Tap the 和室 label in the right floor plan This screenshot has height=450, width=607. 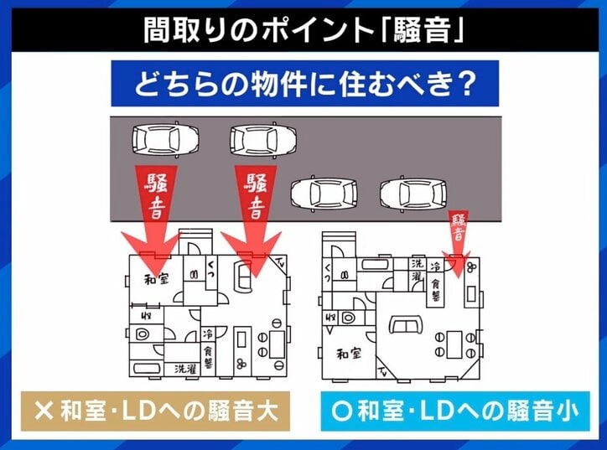350,353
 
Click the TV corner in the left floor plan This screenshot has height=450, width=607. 278,262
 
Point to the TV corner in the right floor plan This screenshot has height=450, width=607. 383,370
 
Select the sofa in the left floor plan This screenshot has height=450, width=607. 240,275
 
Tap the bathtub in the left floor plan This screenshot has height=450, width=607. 148,369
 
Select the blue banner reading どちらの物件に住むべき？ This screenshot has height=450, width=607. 304,85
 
